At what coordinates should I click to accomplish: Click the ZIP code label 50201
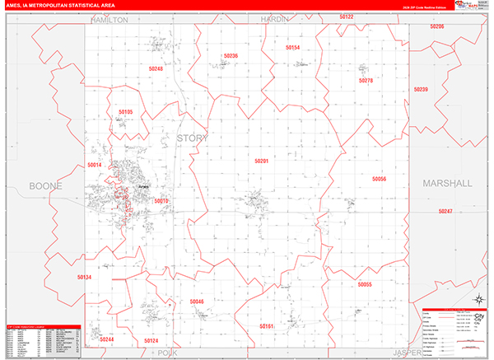coord(262,161)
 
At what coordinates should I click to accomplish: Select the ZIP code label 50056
coord(379,178)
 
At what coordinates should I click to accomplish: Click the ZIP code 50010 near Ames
coord(161,201)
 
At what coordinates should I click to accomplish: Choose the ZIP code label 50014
coord(95,166)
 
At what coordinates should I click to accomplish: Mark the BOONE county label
coord(46,186)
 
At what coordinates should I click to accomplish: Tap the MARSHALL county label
coord(448,184)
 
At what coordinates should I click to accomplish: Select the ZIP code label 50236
coord(231,56)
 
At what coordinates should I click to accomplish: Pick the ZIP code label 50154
coord(293,49)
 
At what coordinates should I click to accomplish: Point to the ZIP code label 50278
coord(366,81)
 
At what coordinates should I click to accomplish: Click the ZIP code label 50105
coord(125,111)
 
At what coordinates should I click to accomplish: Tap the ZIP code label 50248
coord(156,69)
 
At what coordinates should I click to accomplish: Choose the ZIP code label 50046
coord(196,302)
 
